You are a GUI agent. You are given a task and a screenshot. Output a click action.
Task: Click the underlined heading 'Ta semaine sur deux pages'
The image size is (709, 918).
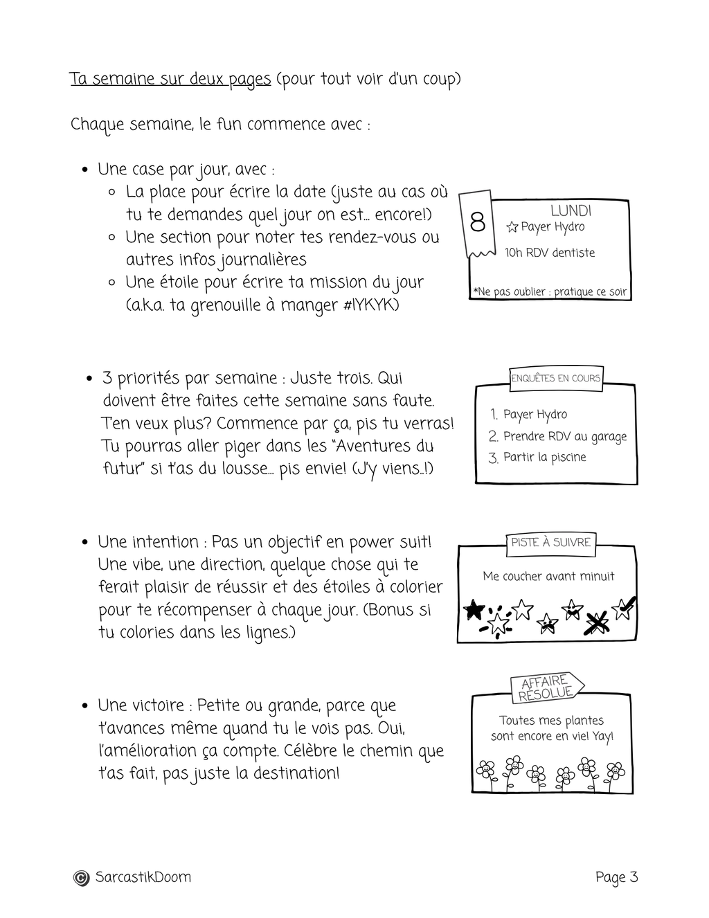(x=170, y=79)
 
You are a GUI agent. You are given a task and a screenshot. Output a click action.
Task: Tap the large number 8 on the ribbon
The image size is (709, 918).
(x=477, y=222)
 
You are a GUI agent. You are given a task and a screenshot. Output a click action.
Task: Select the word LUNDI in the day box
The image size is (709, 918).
(x=571, y=210)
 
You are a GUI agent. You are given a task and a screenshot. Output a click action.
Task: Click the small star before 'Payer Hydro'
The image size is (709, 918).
(x=512, y=227)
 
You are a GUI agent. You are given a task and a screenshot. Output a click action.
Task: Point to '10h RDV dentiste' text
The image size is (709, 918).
(x=550, y=253)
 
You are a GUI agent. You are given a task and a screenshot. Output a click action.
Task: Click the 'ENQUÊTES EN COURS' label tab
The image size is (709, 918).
(x=556, y=378)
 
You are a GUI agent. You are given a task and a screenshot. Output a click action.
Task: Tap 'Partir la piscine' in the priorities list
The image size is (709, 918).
(x=544, y=457)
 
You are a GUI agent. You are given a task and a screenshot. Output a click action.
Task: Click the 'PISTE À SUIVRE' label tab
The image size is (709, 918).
(x=550, y=542)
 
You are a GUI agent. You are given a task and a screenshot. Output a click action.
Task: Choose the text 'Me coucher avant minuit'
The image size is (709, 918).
(x=548, y=576)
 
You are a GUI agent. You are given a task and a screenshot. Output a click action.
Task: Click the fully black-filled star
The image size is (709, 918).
(x=474, y=609)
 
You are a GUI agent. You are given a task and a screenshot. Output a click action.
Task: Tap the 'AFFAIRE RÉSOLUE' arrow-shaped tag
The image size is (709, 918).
(x=546, y=687)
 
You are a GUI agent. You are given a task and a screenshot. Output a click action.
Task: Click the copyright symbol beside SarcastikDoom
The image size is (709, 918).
(x=81, y=878)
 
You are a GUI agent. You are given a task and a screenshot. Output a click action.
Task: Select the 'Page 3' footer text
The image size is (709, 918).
(x=616, y=878)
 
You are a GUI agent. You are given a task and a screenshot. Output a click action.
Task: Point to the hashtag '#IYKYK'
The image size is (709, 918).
(x=370, y=305)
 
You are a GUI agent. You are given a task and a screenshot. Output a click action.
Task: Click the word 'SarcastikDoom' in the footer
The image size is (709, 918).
(x=143, y=878)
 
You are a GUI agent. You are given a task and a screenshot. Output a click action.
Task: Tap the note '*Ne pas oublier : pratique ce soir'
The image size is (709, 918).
(x=550, y=291)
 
